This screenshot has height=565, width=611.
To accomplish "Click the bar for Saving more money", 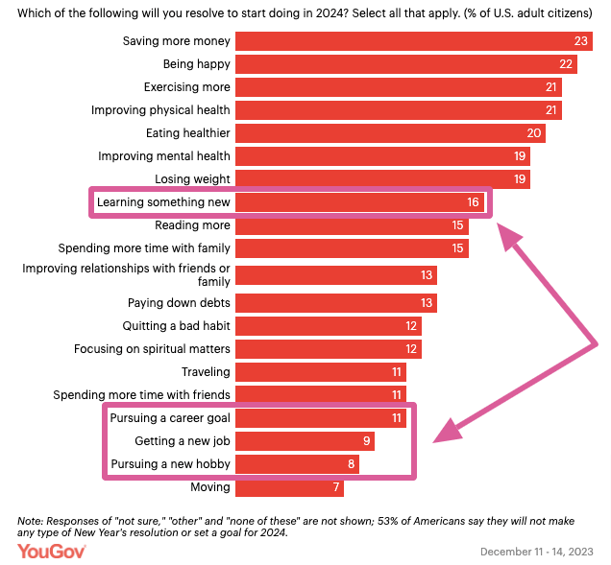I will (x=413, y=41).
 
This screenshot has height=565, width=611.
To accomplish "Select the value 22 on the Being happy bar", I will (x=567, y=64).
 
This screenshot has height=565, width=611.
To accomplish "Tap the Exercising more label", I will (x=186, y=87).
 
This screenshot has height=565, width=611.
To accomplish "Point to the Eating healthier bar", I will (x=390, y=133).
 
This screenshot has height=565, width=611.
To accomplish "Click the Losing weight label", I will (x=192, y=179).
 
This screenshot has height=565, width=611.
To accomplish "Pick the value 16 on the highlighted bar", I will (x=472, y=202).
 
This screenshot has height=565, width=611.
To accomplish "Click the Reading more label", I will (x=192, y=225).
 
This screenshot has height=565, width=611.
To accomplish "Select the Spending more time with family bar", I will (x=352, y=248).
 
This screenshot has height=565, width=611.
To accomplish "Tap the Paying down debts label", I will (x=179, y=303).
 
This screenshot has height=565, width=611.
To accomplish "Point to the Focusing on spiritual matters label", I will (x=152, y=349).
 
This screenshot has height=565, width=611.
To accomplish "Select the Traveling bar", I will (x=321, y=372).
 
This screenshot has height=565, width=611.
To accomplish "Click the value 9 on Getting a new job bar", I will (x=366, y=441).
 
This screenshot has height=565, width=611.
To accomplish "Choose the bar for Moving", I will (x=289, y=487).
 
